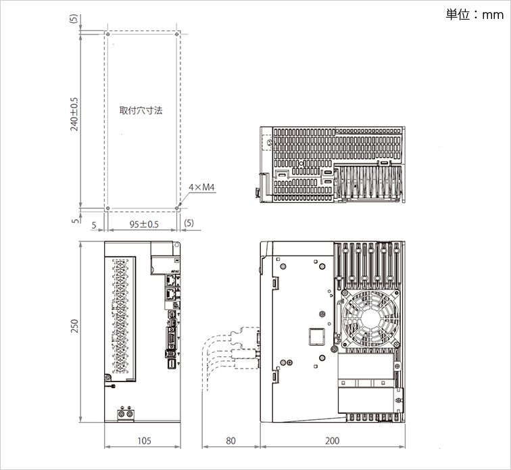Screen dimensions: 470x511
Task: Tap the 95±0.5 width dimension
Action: [143, 224]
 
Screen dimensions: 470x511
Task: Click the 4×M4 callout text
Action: [201, 187]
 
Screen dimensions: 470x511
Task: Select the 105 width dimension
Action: [143, 441]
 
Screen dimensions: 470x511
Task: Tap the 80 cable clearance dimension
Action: [230, 441]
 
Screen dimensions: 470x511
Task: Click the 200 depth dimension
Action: [333, 441]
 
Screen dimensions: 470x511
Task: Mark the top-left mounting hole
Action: [107, 33]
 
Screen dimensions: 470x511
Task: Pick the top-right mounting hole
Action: [177, 33]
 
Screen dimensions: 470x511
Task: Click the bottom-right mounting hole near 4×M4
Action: [177, 208]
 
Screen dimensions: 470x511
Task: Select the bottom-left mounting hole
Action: [107, 208]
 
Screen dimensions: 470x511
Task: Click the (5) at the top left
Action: [74, 20]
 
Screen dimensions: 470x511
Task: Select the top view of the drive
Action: [335, 164]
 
